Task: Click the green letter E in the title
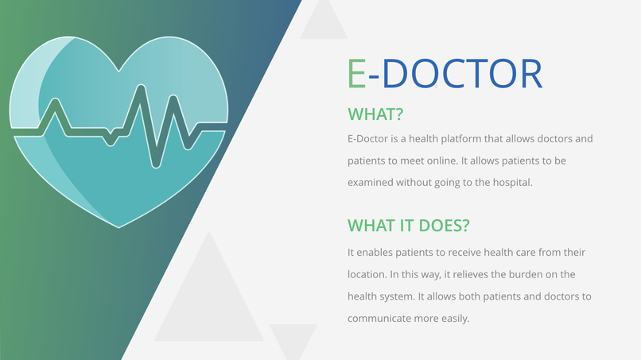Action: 357,73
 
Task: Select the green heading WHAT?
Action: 375,114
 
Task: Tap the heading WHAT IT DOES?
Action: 408,225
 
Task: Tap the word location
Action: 367,274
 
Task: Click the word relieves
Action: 477,274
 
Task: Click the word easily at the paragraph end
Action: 455,319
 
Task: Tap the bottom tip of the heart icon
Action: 119,226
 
